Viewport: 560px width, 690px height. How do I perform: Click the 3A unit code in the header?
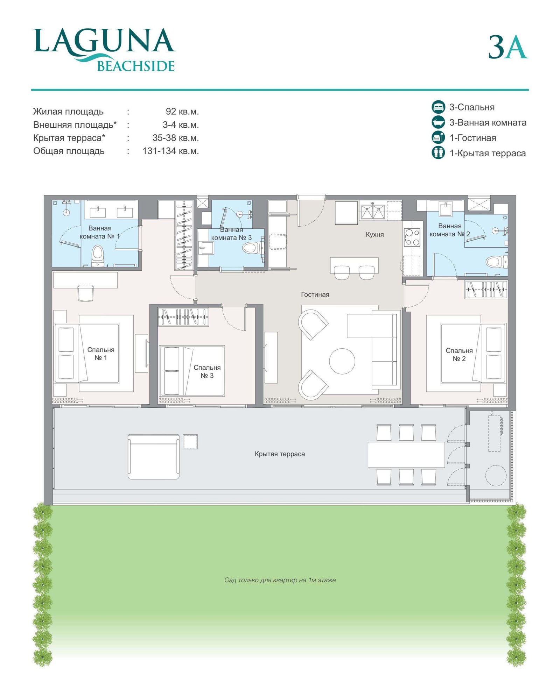coord(508,47)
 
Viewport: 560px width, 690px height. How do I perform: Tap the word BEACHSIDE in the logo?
coord(135,66)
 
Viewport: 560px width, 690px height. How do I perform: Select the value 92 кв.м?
coord(182,112)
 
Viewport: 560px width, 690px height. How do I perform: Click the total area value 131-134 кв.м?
coord(170,151)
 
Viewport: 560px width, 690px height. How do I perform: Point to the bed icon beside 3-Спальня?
coord(438,107)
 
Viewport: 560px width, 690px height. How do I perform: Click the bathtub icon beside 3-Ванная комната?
coord(438,122)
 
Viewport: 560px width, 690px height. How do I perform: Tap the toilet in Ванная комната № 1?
coord(98,255)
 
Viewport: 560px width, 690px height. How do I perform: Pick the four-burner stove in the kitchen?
coord(412,237)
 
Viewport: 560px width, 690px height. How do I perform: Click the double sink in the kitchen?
coord(373,212)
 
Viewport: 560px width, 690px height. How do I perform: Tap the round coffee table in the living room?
coord(342,361)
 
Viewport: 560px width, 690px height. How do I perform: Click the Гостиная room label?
coord(315,294)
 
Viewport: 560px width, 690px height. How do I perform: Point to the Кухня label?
coord(374,234)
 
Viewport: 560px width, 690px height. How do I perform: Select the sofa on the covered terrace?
coord(153,456)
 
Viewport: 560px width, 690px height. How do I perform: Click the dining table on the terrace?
coord(406,455)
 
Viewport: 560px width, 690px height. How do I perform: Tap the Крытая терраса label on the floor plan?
coord(280,454)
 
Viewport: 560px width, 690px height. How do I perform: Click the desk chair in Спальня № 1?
coord(85,293)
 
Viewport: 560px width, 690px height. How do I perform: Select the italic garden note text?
coord(280,580)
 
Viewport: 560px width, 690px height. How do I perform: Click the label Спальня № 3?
coord(207,371)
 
